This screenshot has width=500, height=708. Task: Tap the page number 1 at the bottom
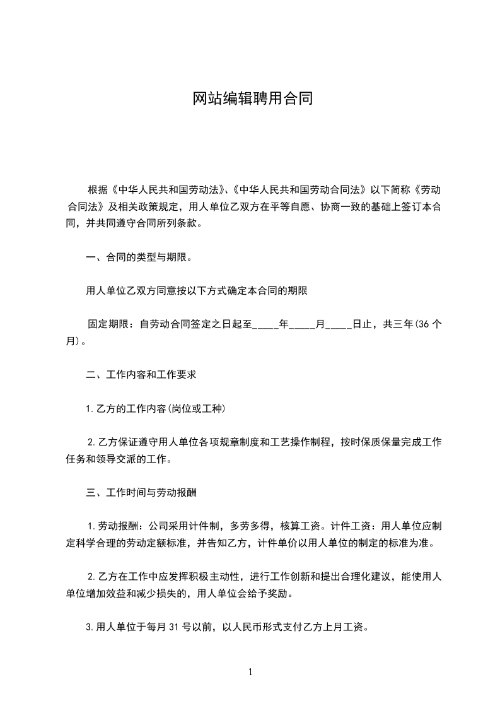250,672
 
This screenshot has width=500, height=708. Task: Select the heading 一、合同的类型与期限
138,257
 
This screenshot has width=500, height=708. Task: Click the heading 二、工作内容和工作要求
142,375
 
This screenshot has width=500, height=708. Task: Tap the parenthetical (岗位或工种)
197,409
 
